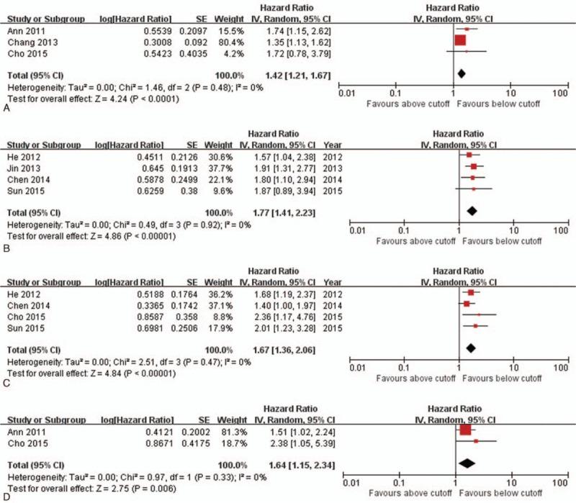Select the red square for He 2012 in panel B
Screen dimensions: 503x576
(x=469, y=155)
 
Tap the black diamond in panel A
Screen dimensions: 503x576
(x=462, y=73)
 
